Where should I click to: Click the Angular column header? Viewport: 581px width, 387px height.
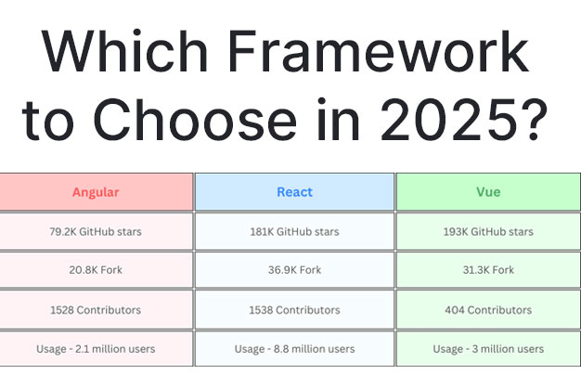pyautogui.click(x=96, y=192)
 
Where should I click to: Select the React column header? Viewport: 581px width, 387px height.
pyautogui.click(x=294, y=192)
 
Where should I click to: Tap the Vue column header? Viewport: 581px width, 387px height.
pyautogui.click(x=488, y=192)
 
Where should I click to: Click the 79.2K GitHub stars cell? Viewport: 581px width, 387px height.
pyautogui.click(x=96, y=232)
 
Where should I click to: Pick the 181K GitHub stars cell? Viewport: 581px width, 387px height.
pyautogui.click(x=294, y=232)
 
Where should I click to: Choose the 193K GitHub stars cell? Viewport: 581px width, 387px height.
pyautogui.click(x=488, y=232)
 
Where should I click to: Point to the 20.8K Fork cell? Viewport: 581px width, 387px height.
pyautogui.click(x=96, y=270)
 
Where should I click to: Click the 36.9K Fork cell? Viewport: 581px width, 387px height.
pyautogui.click(x=294, y=270)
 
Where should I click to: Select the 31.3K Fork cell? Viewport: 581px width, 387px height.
pyautogui.click(x=488, y=270)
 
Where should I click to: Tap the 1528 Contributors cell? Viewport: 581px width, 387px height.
pyautogui.click(x=96, y=310)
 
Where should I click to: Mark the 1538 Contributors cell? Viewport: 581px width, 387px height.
pyautogui.click(x=294, y=310)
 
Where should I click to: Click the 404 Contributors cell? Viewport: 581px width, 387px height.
pyautogui.click(x=488, y=310)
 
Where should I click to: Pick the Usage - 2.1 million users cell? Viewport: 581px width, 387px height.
pyautogui.click(x=96, y=349)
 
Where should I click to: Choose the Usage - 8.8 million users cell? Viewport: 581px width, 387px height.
pyautogui.click(x=294, y=349)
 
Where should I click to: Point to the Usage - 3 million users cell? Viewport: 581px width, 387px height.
pyautogui.click(x=488, y=349)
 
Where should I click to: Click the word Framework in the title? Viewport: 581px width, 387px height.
pyautogui.click(x=379, y=51)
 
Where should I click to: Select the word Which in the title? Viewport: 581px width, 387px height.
pyautogui.click(x=124, y=51)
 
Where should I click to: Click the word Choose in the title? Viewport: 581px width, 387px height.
pyautogui.click(x=195, y=120)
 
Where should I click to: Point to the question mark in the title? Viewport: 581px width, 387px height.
pyautogui.click(x=535, y=120)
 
